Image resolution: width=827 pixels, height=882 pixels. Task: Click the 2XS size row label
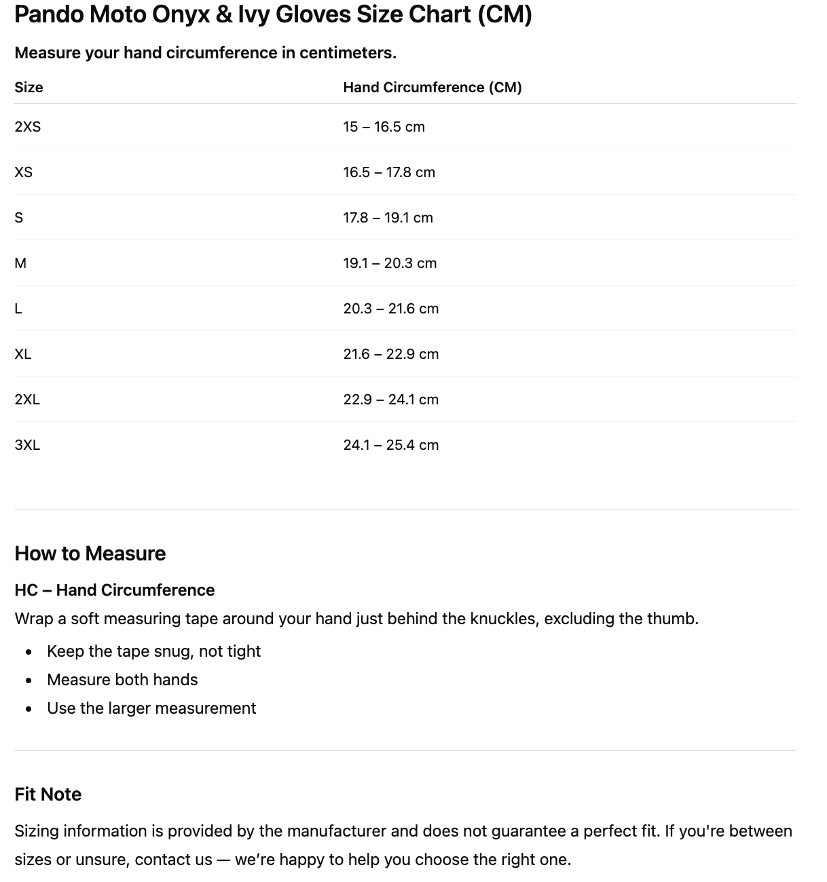[x=27, y=127]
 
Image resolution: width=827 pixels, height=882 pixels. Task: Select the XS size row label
[x=23, y=172]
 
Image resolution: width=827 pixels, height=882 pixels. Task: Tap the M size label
[x=20, y=263]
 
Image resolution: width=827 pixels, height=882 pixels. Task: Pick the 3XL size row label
[x=27, y=445]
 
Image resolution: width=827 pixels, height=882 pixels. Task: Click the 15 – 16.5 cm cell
[x=384, y=127]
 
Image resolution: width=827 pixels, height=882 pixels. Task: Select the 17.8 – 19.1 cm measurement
[x=388, y=218]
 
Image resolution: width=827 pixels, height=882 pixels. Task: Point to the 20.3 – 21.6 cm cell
[x=390, y=309]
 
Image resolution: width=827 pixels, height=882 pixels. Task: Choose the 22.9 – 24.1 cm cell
[x=390, y=400]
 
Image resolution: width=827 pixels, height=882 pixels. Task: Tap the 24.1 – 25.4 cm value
[x=390, y=445]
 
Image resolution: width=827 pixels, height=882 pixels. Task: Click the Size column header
[x=29, y=88]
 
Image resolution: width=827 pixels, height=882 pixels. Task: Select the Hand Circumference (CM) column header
[x=432, y=88]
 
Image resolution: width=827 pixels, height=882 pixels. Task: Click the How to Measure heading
[x=90, y=554]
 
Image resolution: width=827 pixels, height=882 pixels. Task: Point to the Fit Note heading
[x=48, y=794]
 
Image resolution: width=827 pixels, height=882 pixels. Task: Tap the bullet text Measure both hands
[x=122, y=680]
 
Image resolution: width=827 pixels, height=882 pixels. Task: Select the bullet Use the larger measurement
[x=151, y=708]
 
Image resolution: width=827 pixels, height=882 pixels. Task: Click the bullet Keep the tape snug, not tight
[x=153, y=651]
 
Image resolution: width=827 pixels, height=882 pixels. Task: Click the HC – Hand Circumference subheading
[x=114, y=590]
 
